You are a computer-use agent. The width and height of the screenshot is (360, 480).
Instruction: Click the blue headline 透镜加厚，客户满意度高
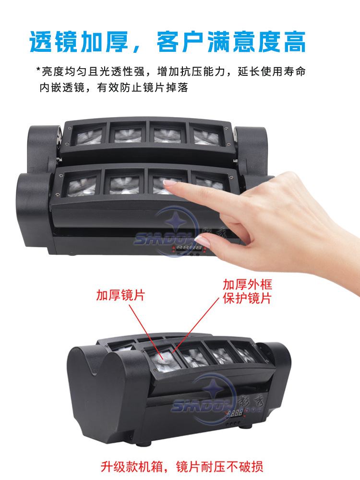(x=168, y=42)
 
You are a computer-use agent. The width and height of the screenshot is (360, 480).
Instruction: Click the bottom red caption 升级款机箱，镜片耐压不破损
(x=182, y=467)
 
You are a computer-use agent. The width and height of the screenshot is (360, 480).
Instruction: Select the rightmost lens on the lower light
(x=245, y=353)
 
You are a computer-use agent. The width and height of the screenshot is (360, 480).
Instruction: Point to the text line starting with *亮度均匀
(x=170, y=72)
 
